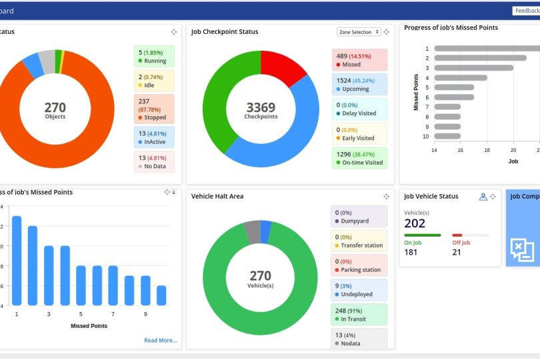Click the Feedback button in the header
click(x=526, y=11)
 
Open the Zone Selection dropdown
click(x=359, y=32)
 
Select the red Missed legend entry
click(x=359, y=60)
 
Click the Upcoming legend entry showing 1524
click(x=359, y=84)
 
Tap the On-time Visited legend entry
click(x=359, y=157)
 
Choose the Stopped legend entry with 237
click(x=154, y=109)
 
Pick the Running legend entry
click(x=154, y=56)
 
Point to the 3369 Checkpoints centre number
click(x=261, y=107)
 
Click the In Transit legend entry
click(x=359, y=315)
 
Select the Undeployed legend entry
click(x=359, y=289)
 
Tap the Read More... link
click(x=161, y=340)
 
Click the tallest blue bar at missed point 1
click(x=17, y=260)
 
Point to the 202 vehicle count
click(x=415, y=223)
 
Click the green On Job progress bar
click(x=422, y=235)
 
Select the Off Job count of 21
click(x=457, y=252)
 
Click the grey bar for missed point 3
click(x=473, y=67)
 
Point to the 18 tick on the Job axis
click(x=487, y=151)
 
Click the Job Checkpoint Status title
click(x=225, y=31)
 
